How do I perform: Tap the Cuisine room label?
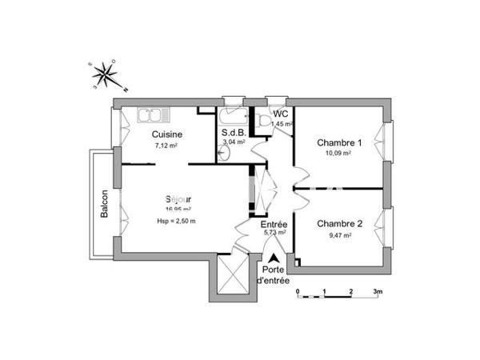[166, 134]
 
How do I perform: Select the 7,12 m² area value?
[166, 147]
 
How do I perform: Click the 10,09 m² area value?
[339, 154]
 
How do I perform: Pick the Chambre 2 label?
[340, 223]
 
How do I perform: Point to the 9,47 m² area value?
[339, 236]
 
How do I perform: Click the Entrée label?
[274, 225]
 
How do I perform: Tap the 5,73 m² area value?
[274, 235]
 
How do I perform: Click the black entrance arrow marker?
[274, 258]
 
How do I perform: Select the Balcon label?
[104, 203]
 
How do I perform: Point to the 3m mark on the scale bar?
[378, 292]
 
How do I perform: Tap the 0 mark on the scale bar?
[298, 292]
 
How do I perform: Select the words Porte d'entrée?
[274, 276]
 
